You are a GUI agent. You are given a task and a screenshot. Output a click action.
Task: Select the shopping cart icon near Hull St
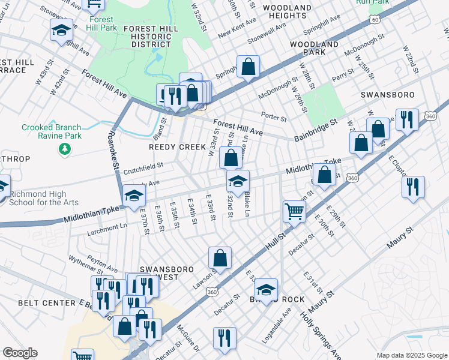pyautogui.click(x=294, y=211)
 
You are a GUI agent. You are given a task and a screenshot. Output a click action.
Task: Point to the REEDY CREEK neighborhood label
pyautogui.click(x=173, y=147)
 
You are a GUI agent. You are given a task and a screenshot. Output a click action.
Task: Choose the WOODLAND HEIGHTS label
pyautogui.click(x=286, y=11)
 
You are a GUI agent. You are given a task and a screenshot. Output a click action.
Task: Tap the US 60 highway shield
pyautogui.click(x=375, y=20)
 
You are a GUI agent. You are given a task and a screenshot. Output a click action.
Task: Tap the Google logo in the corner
pyautogui.click(x=19, y=353)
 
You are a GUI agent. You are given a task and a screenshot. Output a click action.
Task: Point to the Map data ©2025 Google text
pyautogui.click(x=412, y=355)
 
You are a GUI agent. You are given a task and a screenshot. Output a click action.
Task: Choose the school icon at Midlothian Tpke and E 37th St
pyautogui.click(x=134, y=195)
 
